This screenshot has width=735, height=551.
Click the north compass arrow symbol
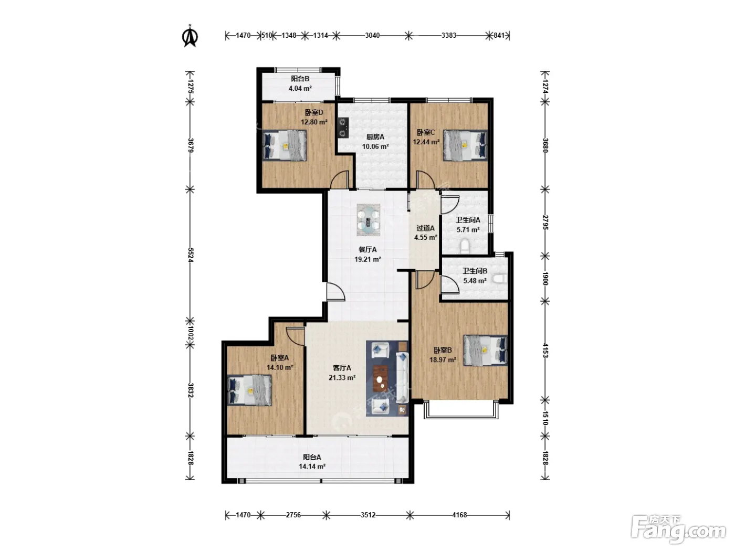click(x=190, y=36)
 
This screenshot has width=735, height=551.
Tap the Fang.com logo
click(x=678, y=529)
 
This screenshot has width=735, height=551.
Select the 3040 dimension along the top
click(x=372, y=36)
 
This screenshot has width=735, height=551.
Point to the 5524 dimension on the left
click(x=190, y=255)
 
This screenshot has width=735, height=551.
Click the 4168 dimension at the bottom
click(x=459, y=515)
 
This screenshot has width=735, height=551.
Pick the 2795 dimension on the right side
click(x=545, y=222)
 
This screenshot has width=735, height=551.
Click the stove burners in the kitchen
click(x=343, y=128)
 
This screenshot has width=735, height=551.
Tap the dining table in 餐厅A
click(x=369, y=220)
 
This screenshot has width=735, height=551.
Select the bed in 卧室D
click(x=285, y=145)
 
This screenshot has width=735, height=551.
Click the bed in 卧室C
click(x=465, y=145)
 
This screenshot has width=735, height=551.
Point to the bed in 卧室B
click(x=485, y=351)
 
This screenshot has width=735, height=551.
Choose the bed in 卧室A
click(x=249, y=390)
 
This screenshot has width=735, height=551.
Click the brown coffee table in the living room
click(x=381, y=378)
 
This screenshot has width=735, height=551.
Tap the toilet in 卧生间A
click(x=465, y=247)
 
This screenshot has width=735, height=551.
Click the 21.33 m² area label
click(x=342, y=378)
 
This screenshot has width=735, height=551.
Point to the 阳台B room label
click(x=300, y=79)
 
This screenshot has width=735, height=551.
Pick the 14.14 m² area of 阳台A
click(x=312, y=467)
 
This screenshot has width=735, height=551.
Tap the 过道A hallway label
click(x=426, y=228)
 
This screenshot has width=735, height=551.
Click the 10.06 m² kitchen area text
click(x=375, y=146)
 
